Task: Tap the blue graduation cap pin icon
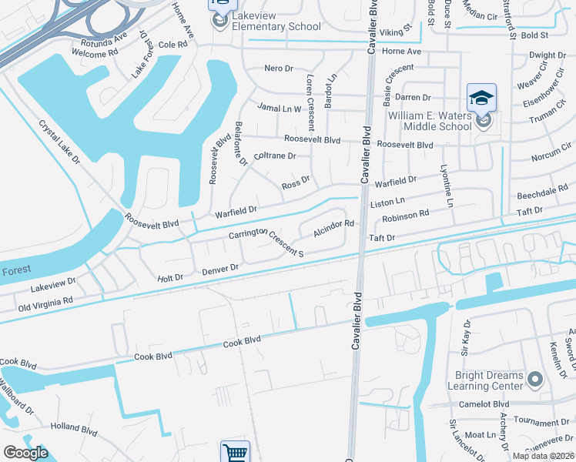[x=481, y=98]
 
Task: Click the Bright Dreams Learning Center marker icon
[x=537, y=380]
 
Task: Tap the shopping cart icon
[x=235, y=452]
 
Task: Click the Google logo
[x=25, y=453]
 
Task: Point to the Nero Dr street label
[x=279, y=69]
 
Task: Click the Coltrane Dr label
[x=275, y=156]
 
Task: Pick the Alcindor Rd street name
[x=333, y=229]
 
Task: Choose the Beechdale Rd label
[x=543, y=194]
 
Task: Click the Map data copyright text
[x=541, y=456]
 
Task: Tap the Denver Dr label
[x=221, y=269]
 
